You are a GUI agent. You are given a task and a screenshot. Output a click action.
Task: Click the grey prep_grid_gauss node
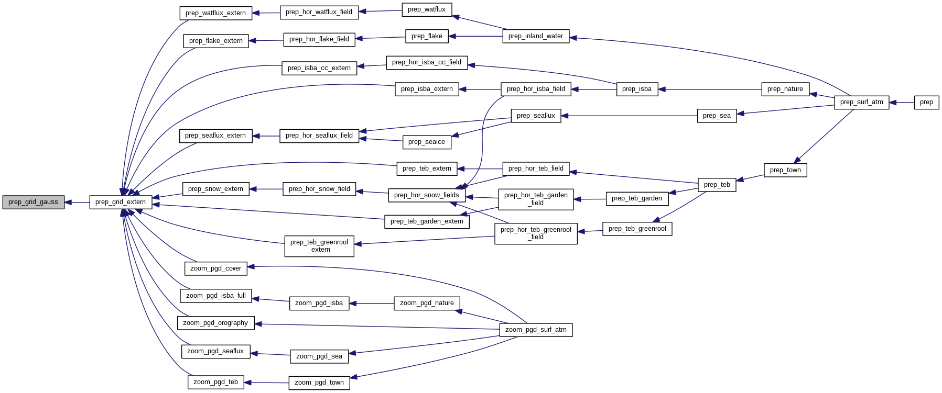33,202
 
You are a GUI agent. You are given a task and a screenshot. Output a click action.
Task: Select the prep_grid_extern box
121,202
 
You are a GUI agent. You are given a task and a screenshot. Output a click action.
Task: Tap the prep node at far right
926,103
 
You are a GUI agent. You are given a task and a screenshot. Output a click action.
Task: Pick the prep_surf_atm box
861,103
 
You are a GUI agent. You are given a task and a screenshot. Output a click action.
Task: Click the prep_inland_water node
536,36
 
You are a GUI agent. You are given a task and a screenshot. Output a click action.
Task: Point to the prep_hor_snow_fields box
427,195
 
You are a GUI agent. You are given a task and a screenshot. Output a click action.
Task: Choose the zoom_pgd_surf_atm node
536,330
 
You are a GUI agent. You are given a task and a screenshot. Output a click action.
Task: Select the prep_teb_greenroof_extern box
319,246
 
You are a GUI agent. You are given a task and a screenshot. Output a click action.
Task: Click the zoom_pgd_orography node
215,323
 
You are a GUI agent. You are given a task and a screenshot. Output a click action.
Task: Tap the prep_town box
785,170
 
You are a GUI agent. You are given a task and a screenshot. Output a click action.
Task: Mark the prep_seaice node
427,142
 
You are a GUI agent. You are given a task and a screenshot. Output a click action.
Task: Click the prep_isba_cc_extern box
319,68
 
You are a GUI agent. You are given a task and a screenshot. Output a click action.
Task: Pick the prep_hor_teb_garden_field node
536,199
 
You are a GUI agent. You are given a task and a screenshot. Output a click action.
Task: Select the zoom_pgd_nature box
427,303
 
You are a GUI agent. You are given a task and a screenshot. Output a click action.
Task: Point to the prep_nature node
785,89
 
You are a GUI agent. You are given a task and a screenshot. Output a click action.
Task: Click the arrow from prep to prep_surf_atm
902,103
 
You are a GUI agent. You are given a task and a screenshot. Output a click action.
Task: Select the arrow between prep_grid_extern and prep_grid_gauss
77,202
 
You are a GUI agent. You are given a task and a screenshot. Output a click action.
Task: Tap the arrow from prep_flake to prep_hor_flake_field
381,38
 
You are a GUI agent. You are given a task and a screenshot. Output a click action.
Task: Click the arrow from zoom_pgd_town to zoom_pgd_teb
266,383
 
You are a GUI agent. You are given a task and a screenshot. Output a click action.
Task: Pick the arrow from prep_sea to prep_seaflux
629,116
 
